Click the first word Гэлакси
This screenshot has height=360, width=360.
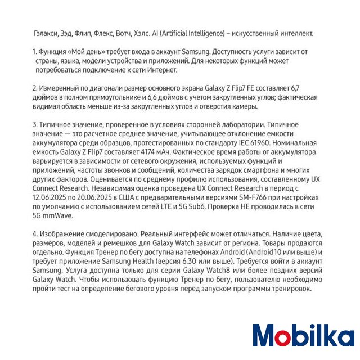[x=46, y=33]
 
